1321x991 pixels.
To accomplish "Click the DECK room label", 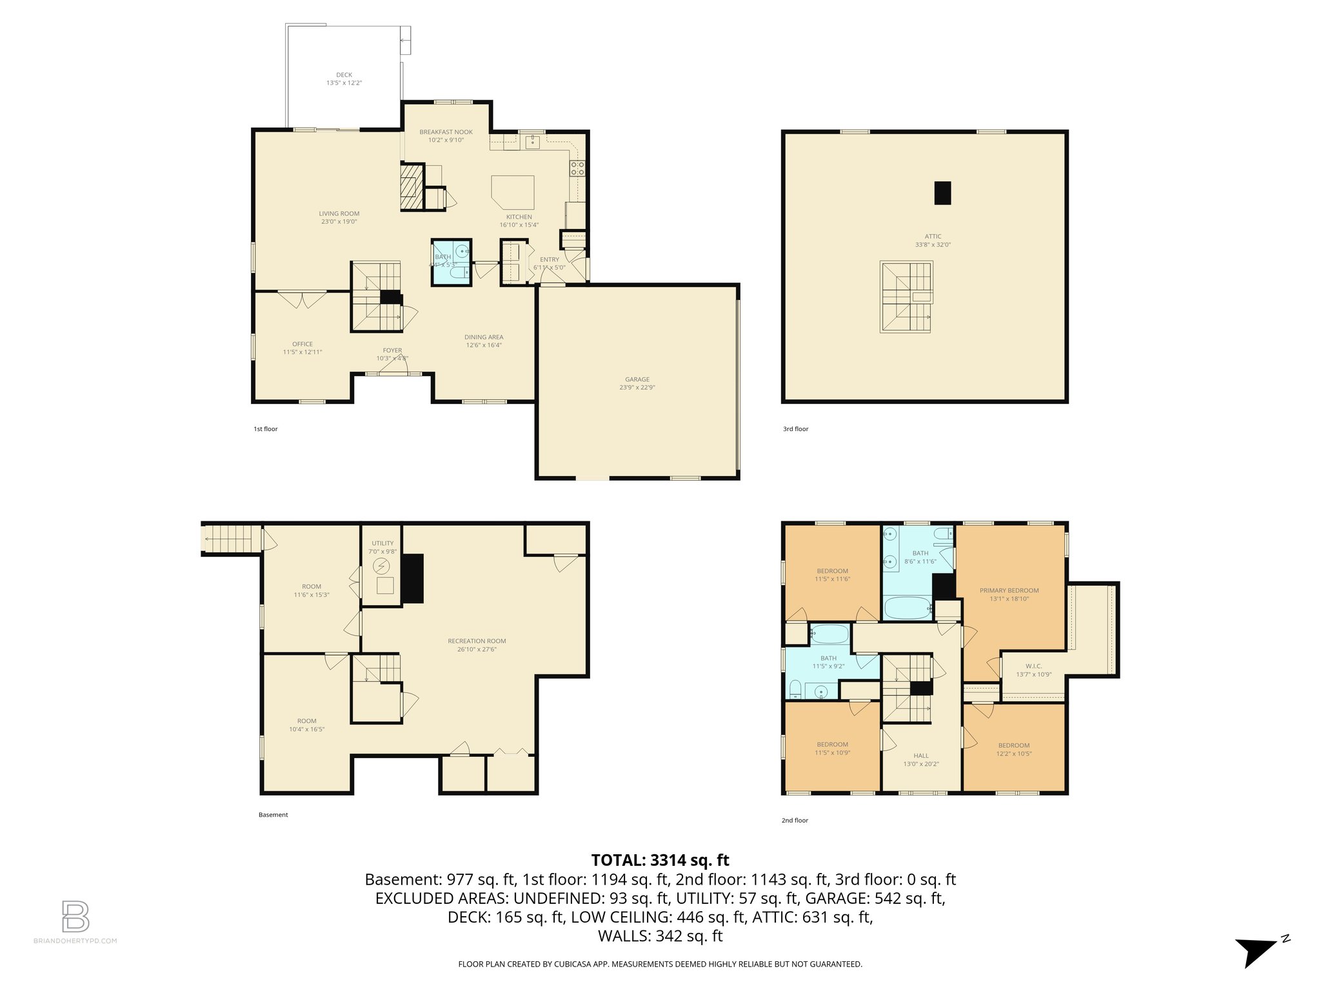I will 344,75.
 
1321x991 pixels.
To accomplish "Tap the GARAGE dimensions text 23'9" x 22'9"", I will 637,388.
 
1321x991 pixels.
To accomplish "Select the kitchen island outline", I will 513,192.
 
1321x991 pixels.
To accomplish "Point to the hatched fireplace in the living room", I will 411,186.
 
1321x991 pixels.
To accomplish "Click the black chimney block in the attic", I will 942,193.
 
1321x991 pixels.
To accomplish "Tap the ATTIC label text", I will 933,236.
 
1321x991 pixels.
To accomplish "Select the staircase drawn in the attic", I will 906,297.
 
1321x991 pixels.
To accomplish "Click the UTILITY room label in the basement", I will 382,543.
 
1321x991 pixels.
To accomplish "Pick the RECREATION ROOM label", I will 477,641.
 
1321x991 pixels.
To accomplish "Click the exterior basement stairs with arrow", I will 230,539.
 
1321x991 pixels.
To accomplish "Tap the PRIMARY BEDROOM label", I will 1009,590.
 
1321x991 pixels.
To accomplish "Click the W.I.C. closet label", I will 1033,666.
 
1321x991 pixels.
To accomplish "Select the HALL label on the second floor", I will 921,756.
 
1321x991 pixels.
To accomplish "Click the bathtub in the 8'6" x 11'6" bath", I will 906,608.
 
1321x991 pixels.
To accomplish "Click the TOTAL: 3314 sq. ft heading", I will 660,860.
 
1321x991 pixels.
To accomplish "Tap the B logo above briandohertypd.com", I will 75,916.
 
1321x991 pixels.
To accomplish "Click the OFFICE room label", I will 302,344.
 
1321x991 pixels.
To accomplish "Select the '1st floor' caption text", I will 265,429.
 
